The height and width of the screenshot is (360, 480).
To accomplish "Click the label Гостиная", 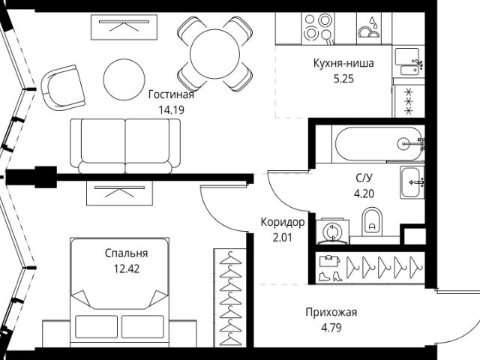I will (171, 94).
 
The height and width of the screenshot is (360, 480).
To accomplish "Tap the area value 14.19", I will (171, 108).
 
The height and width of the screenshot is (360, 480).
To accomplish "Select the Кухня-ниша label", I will (343, 63).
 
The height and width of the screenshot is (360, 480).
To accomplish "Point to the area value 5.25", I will (343, 76).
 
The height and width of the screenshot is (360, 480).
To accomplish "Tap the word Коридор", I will (282, 222).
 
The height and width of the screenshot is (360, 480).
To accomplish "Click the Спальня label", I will (126, 253).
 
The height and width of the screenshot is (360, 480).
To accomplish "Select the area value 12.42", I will (126, 267).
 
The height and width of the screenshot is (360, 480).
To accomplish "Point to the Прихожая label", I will (331, 313).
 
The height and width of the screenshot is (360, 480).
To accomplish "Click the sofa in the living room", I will (125, 144).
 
